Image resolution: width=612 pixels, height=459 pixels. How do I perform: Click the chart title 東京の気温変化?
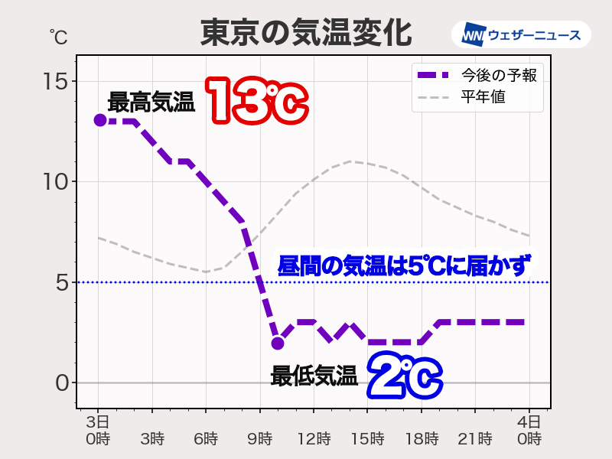click(306, 33)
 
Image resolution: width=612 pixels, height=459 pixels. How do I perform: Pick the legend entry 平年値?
click(483, 97)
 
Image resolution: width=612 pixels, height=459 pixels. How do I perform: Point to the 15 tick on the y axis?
click(55, 81)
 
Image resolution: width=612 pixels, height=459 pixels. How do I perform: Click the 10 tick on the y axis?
click(55, 181)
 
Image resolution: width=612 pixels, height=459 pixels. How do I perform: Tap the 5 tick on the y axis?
click(60, 282)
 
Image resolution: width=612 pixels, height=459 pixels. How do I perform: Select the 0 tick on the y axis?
click(60, 382)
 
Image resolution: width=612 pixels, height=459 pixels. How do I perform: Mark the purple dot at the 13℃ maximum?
click(99, 120)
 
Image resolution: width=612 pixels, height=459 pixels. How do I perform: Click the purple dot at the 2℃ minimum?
click(278, 343)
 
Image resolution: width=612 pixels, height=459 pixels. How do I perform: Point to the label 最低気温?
click(314, 376)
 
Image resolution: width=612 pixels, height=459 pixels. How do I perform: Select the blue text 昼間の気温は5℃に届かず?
click(403, 266)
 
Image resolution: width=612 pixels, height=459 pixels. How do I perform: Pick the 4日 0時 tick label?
click(529, 430)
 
